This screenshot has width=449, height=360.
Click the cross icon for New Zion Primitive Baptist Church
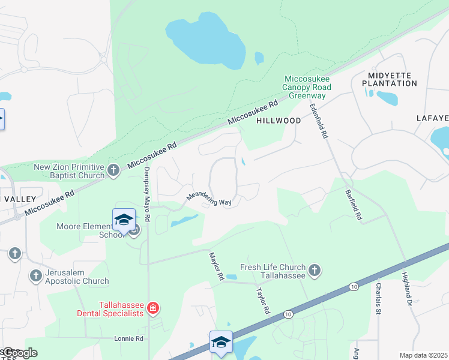point(113,171)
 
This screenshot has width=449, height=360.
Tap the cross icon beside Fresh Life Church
point(315,271)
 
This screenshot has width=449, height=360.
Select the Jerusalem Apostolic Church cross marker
point(35,276)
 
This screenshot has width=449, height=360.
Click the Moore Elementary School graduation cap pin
point(124,220)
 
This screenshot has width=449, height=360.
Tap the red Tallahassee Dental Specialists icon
point(154,308)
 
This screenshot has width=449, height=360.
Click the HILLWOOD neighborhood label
point(279,121)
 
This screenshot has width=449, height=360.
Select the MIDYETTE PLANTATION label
point(388,79)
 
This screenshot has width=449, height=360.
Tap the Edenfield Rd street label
point(318,121)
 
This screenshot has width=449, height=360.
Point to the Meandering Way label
point(208,199)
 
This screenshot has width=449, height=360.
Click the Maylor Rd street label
point(215,266)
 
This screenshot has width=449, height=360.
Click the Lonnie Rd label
point(128,338)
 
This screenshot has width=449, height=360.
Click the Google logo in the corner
point(19,352)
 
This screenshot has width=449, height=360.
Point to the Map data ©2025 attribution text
point(423,355)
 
